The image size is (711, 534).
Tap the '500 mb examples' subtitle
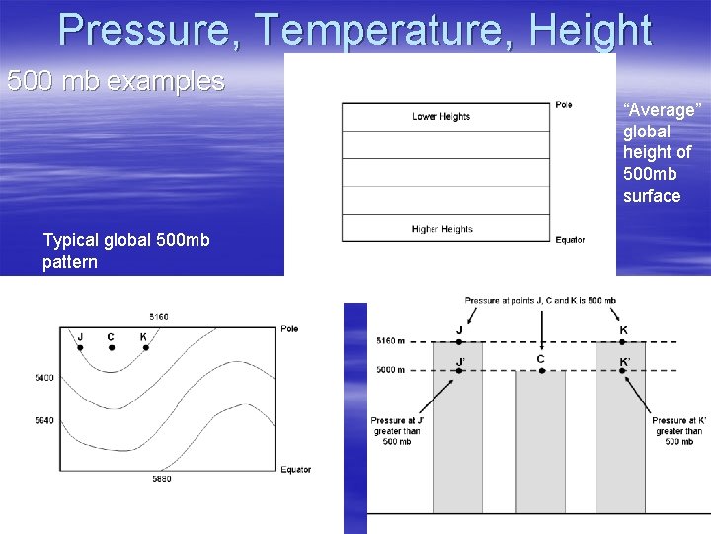click(x=116, y=81)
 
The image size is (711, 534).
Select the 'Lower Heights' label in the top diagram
click(x=440, y=117)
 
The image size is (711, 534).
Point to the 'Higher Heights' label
click(x=441, y=229)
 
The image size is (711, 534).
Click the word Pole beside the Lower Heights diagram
click(x=563, y=105)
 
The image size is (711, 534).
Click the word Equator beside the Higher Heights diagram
click(x=570, y=240)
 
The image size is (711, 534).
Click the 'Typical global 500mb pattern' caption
click(x=125, y=251)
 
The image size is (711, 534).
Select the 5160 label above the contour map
click(x=158, y=317)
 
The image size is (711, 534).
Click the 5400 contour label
click(x=43, y=378)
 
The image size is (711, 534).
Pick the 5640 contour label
click(x=43, y=419)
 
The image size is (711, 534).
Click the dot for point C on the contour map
click(x=111, y=348)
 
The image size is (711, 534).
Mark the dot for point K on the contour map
click(x=144, y=348)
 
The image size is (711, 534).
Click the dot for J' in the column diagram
click(x=459, y=371)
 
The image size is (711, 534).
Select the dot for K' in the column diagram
click(x=623, y=371)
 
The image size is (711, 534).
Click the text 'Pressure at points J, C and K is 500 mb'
click(x=540, y=300)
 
